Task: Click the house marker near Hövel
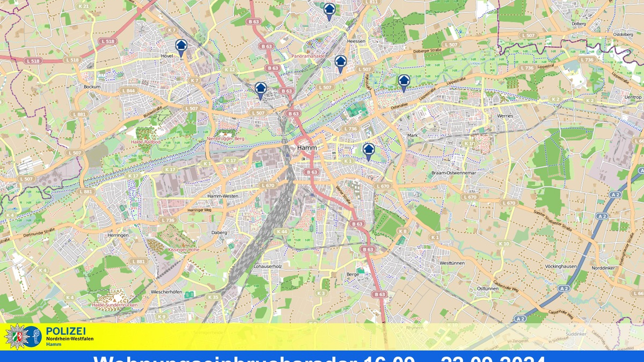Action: coord(181,46)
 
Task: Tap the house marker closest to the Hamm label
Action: coord(368,150)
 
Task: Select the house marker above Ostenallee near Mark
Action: coord(404,82)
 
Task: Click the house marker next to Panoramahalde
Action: coord(340,62)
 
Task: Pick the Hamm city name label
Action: coord(307,147)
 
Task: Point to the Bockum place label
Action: coord(92,86)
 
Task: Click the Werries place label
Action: coord(505,116)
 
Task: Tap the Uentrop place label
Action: coord(633,97)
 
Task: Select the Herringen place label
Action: coord(118,235)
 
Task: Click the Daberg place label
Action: coord(220,232)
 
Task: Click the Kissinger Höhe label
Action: coord(184,249)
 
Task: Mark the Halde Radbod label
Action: coord(145,142)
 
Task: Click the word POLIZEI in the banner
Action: coord(66,331)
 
